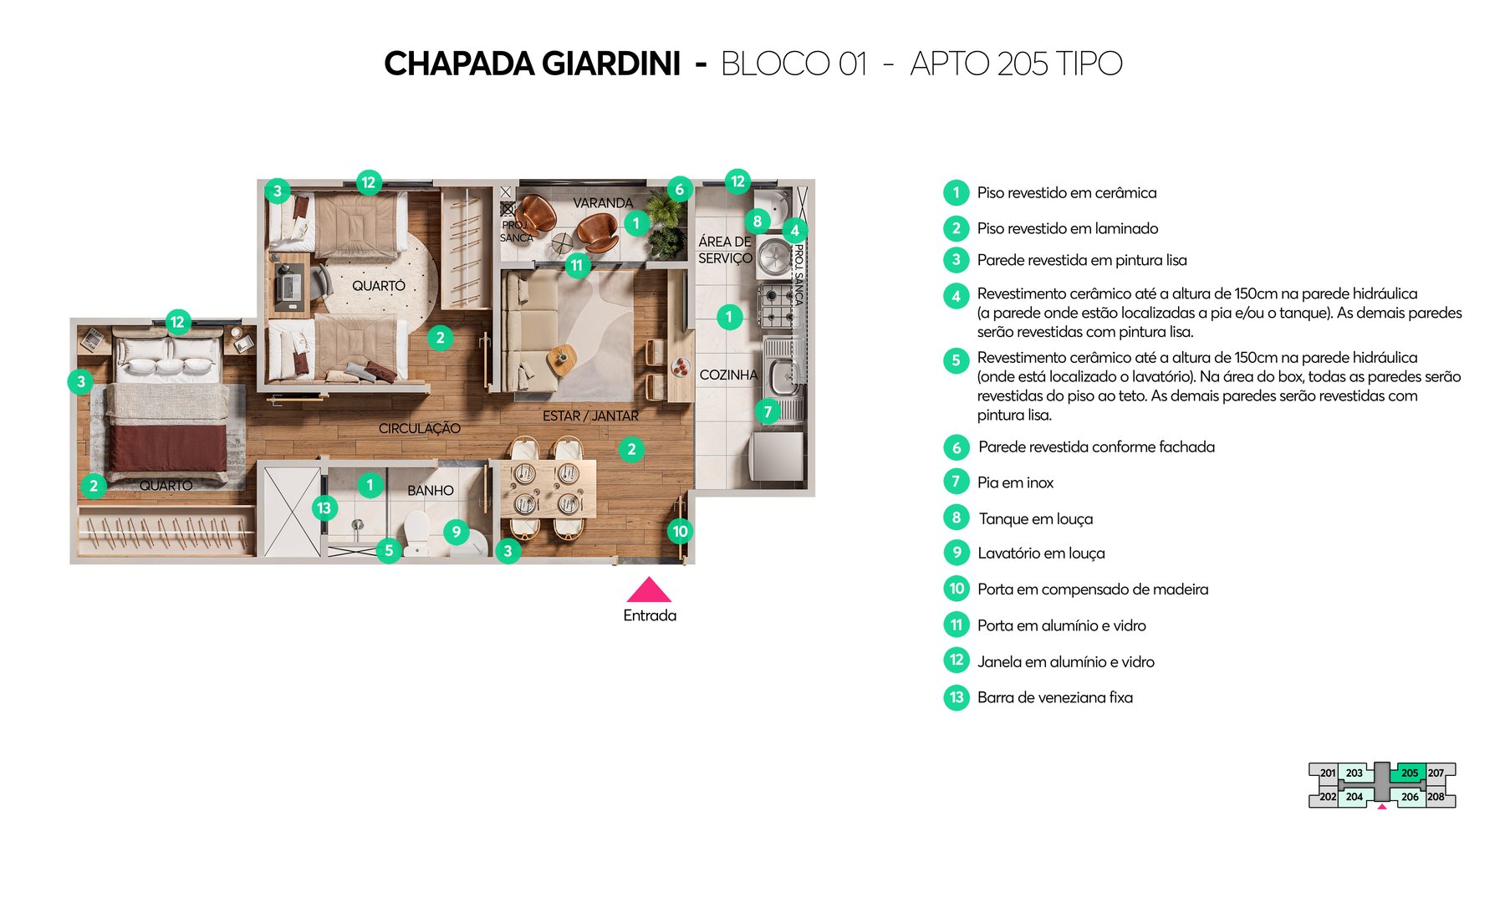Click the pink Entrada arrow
pos(649,590)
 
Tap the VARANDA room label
pos(602,203)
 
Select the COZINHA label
pos(727,375)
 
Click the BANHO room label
pos(431,491)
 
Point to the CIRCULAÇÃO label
pos(419,428)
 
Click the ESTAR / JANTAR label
pos(590,416)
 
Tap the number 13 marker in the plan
pos(324,508)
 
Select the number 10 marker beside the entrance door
pos(680,531)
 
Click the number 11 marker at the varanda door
pos(576,265)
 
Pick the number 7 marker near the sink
pos(768,411)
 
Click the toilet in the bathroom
pos(416,529)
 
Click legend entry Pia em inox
pos(1015,482)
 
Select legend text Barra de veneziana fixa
pos(1054,697)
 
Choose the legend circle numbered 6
pos(957,447)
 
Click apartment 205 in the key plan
pos(1409,773)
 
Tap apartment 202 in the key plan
pos(1327,797)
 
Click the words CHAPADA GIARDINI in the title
pos(532,64)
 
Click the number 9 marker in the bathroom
pos(456,531)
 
